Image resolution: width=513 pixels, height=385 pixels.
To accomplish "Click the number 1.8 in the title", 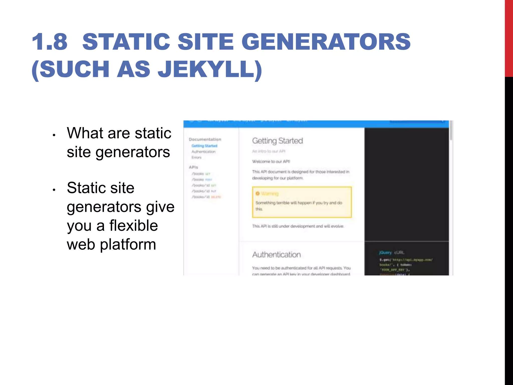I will pyautogui.click(x=50, y=42).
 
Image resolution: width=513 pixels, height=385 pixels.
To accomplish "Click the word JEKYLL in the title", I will pyautogui.click(x=206, y=69).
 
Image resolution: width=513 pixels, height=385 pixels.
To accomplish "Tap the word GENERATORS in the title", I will pyautogui.click(x=326, y=42).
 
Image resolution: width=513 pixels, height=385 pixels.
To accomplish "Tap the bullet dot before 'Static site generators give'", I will pyautogui.click(x=54, y=190).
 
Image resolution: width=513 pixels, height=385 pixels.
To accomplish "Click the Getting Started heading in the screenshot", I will pyautogui.click(x=278, y=141).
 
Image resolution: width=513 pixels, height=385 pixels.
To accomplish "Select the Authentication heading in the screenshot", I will pyautogui.click(x=277, y=255).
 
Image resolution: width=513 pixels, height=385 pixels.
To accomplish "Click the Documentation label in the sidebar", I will pyautogui.click(x=205, y=139).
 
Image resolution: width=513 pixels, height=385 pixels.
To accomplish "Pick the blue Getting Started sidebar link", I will pyautogui.click(x=204, y=146).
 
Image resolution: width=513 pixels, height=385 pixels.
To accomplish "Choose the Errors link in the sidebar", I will pyautogui.click(x=196, y=157).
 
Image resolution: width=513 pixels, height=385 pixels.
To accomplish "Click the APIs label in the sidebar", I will pyautogui.click(x=193, y=167).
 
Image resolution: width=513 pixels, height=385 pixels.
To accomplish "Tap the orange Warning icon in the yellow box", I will pyautogui.click(x=258, y=194).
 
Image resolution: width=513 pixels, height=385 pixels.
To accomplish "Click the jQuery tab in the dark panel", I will pyautogui.click(x=385, y=253).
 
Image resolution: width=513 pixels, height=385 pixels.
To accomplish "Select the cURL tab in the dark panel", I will pyautogui.click(x=399, y=253).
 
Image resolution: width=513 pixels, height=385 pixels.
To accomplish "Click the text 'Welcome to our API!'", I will pyautogui.click(x=271, y=161).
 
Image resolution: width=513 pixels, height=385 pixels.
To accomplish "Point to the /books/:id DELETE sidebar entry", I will pyautogui.click(x=206, y=197).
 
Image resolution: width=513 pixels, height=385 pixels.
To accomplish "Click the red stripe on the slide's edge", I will pyautogui.click(x=509, y=38).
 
